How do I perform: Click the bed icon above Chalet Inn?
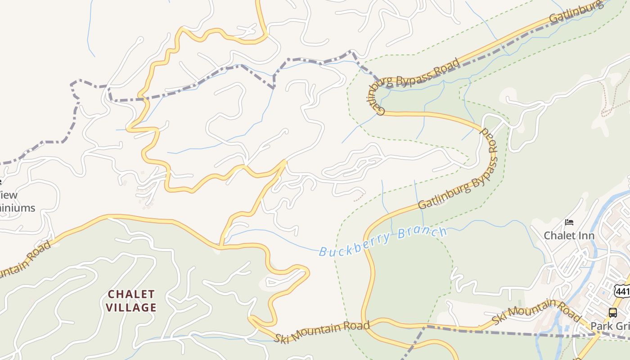click(x=569, y=222)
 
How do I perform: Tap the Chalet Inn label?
click(x=569, y=235)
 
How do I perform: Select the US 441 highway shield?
click(x=622, y=291)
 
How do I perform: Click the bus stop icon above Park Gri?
click(x=612, y=312)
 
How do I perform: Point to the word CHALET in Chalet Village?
click(x=132, y=294)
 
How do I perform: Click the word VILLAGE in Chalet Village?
click(x=132, y=308)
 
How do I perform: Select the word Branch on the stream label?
click(x=423, y=234)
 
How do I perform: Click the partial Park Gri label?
click(x=610, y=326)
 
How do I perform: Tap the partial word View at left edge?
click(x=9, y=195)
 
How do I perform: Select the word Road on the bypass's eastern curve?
click(x=489, y=140)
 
